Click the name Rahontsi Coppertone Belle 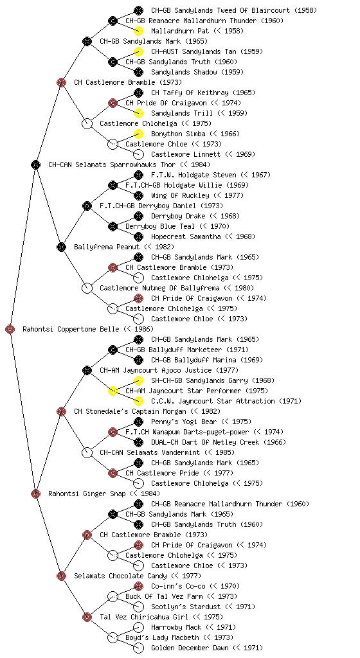(x=71, y=329)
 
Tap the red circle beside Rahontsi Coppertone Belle (x=10, y=330)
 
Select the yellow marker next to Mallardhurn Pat (x=138, y=31)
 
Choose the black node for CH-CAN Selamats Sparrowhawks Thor (x=35, y=165)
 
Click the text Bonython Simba (x=178, y=134)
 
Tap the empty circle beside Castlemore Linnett (x=138, y=154)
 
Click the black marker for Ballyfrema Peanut (x=61, y=247)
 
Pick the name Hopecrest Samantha (x=186, y=236)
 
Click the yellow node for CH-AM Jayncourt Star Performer (x=113, y=391)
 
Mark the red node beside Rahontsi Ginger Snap (x=35, y=494)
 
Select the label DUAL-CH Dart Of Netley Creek (x=204, y=442)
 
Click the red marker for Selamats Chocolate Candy (x=61, y=576)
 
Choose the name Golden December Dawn (x=190, y=648)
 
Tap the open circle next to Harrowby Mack (x=138, y=627)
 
